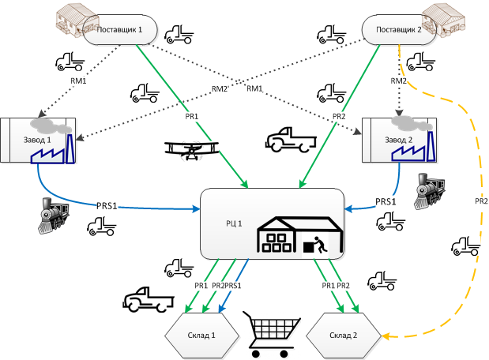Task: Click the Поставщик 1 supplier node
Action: pyautogui.click(x=118, y=31)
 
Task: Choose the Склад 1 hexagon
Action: pyautogui.click(x=203, y=336)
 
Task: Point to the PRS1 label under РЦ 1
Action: pyautogui.click(x=235, y=285)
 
